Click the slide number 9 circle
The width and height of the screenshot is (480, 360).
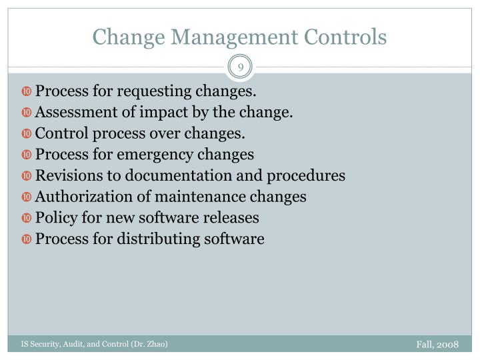240,67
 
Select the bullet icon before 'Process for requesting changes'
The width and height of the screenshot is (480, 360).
27,91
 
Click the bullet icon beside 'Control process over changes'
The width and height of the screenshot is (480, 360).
27,134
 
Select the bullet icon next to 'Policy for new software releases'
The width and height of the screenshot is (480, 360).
27,218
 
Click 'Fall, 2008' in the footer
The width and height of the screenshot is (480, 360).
437,344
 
